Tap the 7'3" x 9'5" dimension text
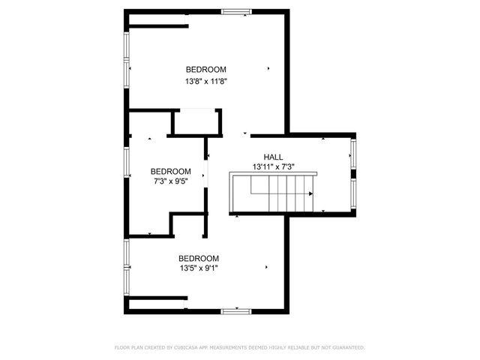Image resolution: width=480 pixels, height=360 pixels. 170,181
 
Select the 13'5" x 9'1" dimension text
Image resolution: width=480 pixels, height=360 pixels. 199,268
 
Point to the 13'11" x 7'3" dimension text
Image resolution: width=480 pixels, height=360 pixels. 273,166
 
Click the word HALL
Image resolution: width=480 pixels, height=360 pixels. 273,157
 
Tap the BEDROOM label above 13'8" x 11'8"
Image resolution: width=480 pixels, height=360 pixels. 206,70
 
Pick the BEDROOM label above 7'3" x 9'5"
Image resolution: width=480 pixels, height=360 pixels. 170,171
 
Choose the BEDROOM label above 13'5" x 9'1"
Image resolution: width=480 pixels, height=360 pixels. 199,258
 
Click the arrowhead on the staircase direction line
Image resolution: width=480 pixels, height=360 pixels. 310,193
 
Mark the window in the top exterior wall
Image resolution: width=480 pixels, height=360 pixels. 236,11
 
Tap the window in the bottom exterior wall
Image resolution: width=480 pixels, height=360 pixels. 236,310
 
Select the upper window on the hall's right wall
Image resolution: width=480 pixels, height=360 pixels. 353,155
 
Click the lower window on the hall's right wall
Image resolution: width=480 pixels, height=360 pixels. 353,193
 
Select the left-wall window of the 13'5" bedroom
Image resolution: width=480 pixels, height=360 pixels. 127,266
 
